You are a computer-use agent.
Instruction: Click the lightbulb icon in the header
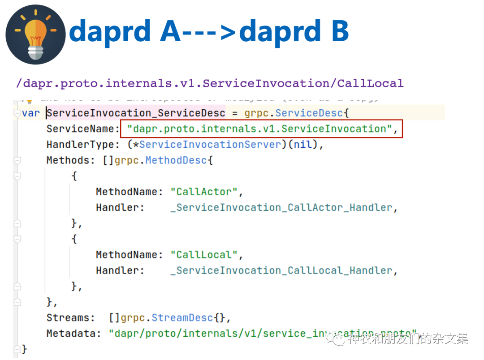[x=35, y=34]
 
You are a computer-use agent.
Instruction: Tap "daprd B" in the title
[x=294, y=31]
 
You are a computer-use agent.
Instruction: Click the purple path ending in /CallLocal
[x=210, y=83]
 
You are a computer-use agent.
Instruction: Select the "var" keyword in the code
[x=30, y=113]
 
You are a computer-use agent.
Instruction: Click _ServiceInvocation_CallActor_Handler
[x=284, y=208]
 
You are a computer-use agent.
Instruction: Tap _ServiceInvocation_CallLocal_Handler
[x=284, y=270]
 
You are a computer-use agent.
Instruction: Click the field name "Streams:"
[x=71, y=318]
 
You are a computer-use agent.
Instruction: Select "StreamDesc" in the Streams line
[x=182, y=318]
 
